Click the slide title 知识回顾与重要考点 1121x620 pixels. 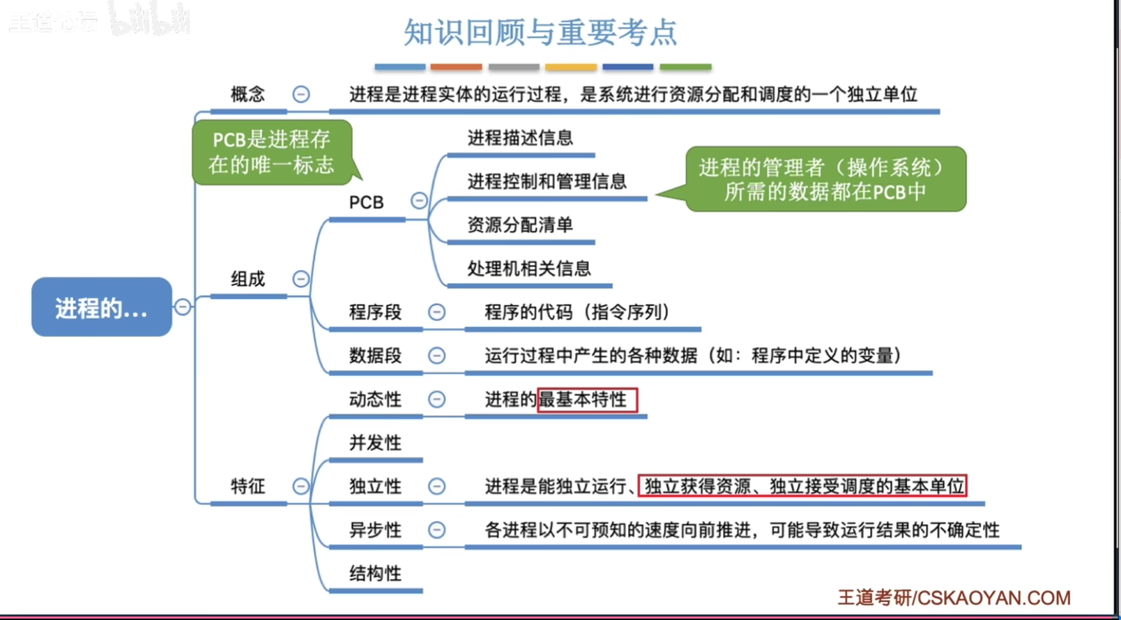pos(540,32)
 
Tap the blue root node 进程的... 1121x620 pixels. pos(102,307)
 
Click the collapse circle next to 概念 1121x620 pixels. pos(300,94)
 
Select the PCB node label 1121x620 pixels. pos(366,202)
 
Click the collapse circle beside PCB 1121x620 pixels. pos(419,201)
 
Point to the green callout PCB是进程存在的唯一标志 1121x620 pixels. pos(273,152)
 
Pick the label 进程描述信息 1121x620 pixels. pos(521,137)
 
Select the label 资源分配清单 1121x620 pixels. pos(521,225)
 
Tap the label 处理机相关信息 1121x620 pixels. pos(529,269)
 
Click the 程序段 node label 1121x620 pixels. pos(375,312)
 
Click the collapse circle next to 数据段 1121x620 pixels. pos(436,356)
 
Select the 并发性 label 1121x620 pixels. pos(375,443)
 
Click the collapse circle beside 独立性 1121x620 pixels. pos(436,486)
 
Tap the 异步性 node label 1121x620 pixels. pos(375,530)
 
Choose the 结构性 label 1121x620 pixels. pos(375,573)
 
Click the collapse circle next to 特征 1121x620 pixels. pos(300,486)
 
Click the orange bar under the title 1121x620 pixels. pos(457,67)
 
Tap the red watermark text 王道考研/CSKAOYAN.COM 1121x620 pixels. pos(954,598)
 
